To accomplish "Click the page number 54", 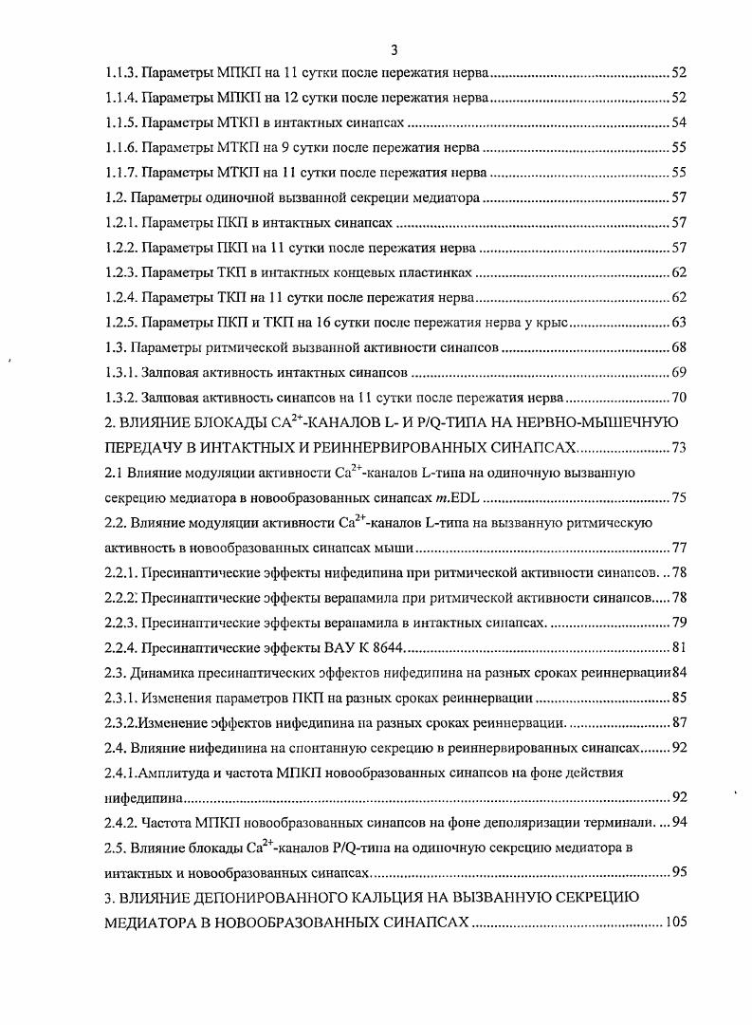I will [x=679, y=123].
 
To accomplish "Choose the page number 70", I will [x=679, y=396].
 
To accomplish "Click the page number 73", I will [x=679, y=445].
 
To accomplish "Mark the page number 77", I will [x=679, y=549].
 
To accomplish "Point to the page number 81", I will [x=679, y=647].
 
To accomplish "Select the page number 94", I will [x=679, y=821].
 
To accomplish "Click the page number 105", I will [x=676, y=921].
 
